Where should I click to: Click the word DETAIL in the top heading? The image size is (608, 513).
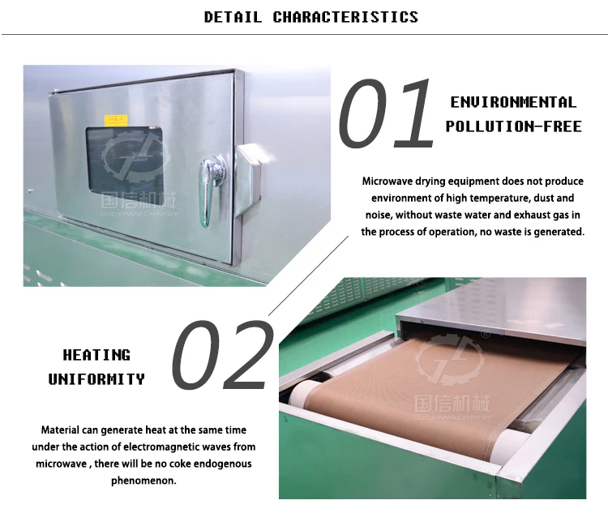coord(233,17)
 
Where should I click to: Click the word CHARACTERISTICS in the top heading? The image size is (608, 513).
coord(345,17)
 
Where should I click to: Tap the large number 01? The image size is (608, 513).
coord(387,113)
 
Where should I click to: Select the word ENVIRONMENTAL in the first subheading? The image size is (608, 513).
coord(513,103)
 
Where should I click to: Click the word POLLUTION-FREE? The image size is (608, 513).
coord(513,126)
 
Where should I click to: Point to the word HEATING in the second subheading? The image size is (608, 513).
coord(96,355)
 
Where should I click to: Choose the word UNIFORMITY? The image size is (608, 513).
coord(96,378)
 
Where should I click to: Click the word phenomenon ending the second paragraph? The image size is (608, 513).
coord(143,481)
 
